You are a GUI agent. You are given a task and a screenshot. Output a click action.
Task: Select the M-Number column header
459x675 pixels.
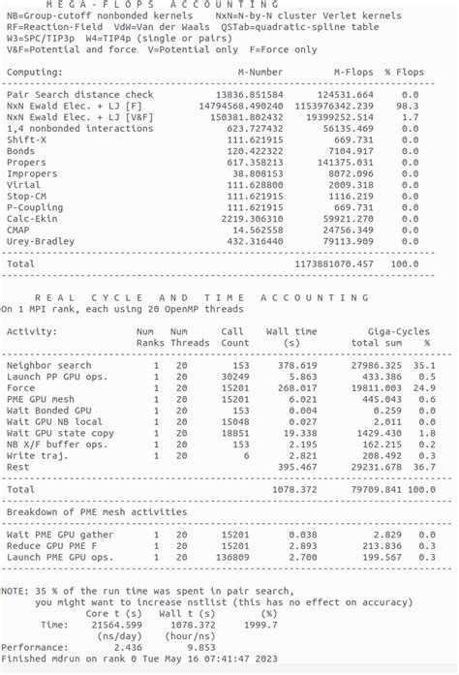coord(260,73)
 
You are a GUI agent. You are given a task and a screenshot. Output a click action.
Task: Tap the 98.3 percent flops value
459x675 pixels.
coord(412,106)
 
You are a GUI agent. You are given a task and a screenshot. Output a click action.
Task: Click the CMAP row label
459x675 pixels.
coord(19,230)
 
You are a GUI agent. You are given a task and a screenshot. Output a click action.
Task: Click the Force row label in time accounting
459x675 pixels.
coord(20,387)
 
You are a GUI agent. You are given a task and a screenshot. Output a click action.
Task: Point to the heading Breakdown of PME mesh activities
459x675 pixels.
coord(97,511)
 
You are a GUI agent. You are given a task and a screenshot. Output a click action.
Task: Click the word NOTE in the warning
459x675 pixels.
coord(15,591)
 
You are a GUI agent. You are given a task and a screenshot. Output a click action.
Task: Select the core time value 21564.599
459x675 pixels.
coord(114,625)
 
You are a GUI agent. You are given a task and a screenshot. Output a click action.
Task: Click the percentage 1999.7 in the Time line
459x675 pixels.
coord(256,625)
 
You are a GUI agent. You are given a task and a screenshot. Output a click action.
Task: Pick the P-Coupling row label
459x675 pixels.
coord(37,207)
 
